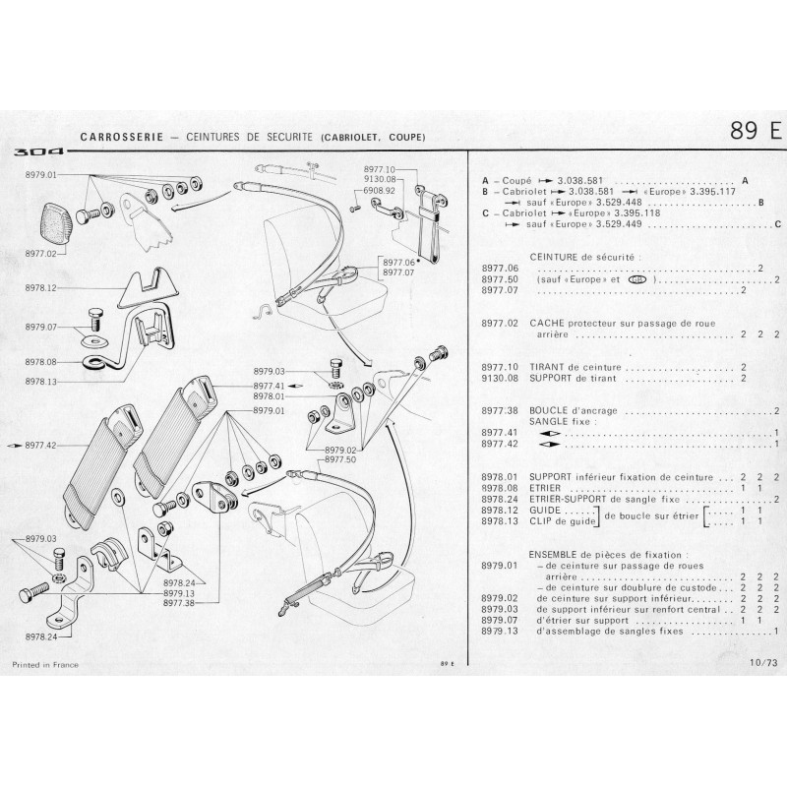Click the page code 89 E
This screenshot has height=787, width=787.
(x=755, y=131)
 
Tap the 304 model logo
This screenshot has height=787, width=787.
(x=39, y=152)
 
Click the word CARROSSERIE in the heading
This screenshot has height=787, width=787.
(x=120, y=136)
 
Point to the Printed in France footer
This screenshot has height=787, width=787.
(x=44, y=664)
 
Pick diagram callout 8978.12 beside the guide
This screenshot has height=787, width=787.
(x=40, y=287)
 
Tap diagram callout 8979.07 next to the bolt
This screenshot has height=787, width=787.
(x=40, y=326)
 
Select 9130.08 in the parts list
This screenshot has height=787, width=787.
(x=499, y=377)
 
